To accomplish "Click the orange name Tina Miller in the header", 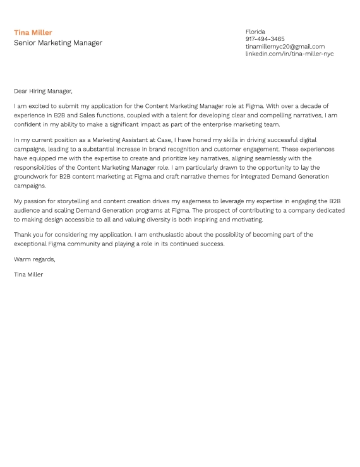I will [x=33, y=33].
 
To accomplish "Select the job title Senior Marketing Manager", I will [x=57, y=43].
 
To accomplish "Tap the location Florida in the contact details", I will [x=255, y=32].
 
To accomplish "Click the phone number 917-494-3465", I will [x=265, y=39].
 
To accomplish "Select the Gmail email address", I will [x=285, y=47].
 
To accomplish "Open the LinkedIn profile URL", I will [x=289, y=54].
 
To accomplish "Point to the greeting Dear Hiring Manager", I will [x=43, y=91].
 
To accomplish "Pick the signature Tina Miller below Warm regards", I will [x=28, y=275].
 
